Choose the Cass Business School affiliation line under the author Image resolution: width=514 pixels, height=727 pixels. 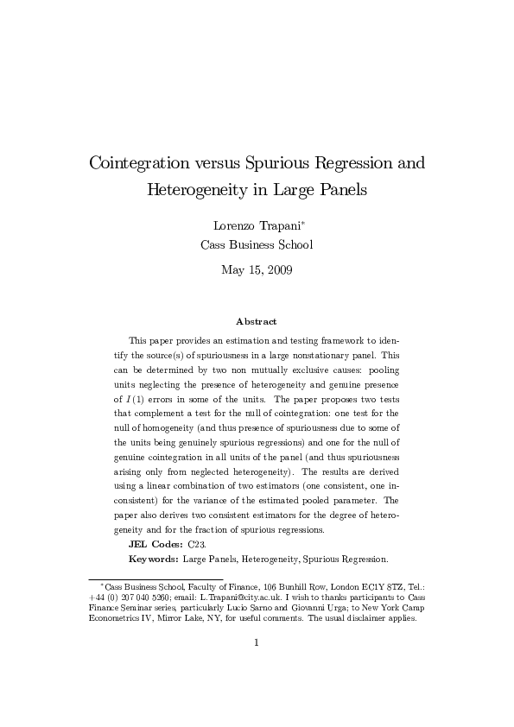[257, 244]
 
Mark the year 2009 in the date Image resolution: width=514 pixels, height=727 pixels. [277, 270]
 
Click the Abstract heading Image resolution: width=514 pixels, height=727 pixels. [256, 321]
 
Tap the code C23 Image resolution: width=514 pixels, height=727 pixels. [197, 546]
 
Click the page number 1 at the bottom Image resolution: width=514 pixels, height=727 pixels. [257, 666]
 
